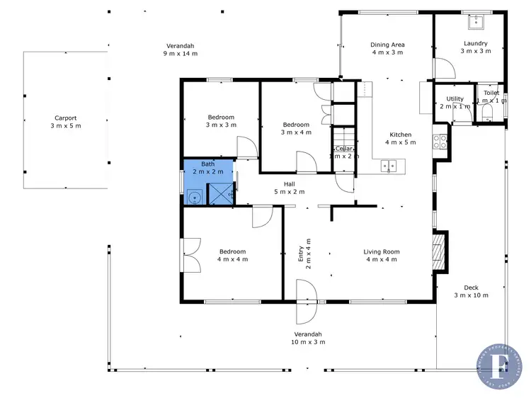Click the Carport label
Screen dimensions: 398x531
[x=65, y=118]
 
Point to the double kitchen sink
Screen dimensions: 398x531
[x=389, y=166]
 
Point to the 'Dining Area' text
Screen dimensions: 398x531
[x=387, y=44]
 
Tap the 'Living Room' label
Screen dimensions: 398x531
[x=382, y=251]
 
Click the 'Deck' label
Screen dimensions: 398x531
[x=471, y=287]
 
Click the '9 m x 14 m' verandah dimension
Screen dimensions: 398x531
[x=181, y=53]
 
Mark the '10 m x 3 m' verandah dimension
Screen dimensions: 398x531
[x=308, y=342]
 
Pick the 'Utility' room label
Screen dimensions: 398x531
[x=455, y=98]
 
